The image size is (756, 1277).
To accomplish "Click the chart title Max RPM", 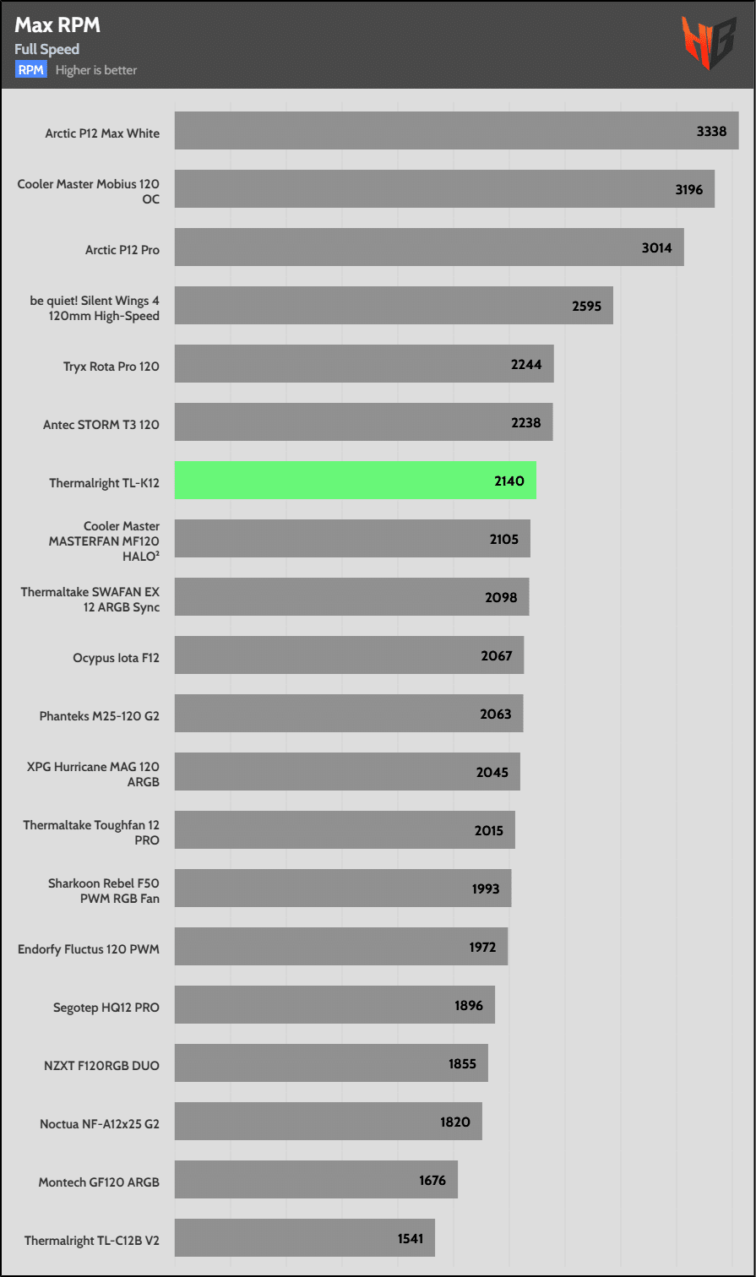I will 57,25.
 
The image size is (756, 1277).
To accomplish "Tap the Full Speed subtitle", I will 46,49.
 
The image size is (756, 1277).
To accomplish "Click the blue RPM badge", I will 31,70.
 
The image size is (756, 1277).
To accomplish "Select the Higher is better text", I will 96,70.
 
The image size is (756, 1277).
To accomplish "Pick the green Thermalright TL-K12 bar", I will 355,481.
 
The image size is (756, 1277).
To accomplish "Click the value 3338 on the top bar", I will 711,132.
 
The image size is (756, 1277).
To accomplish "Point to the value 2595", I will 586,306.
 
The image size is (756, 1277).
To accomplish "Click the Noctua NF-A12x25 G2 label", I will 100,1124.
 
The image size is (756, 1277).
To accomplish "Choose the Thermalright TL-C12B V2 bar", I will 304,1237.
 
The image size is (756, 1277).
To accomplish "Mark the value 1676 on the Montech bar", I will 432,1180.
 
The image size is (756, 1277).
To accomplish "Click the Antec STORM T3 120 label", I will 101,425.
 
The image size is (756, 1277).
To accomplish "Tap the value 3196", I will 688,189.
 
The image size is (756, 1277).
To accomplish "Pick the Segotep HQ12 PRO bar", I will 334,1005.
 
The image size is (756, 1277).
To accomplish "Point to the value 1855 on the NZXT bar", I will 462,1063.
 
